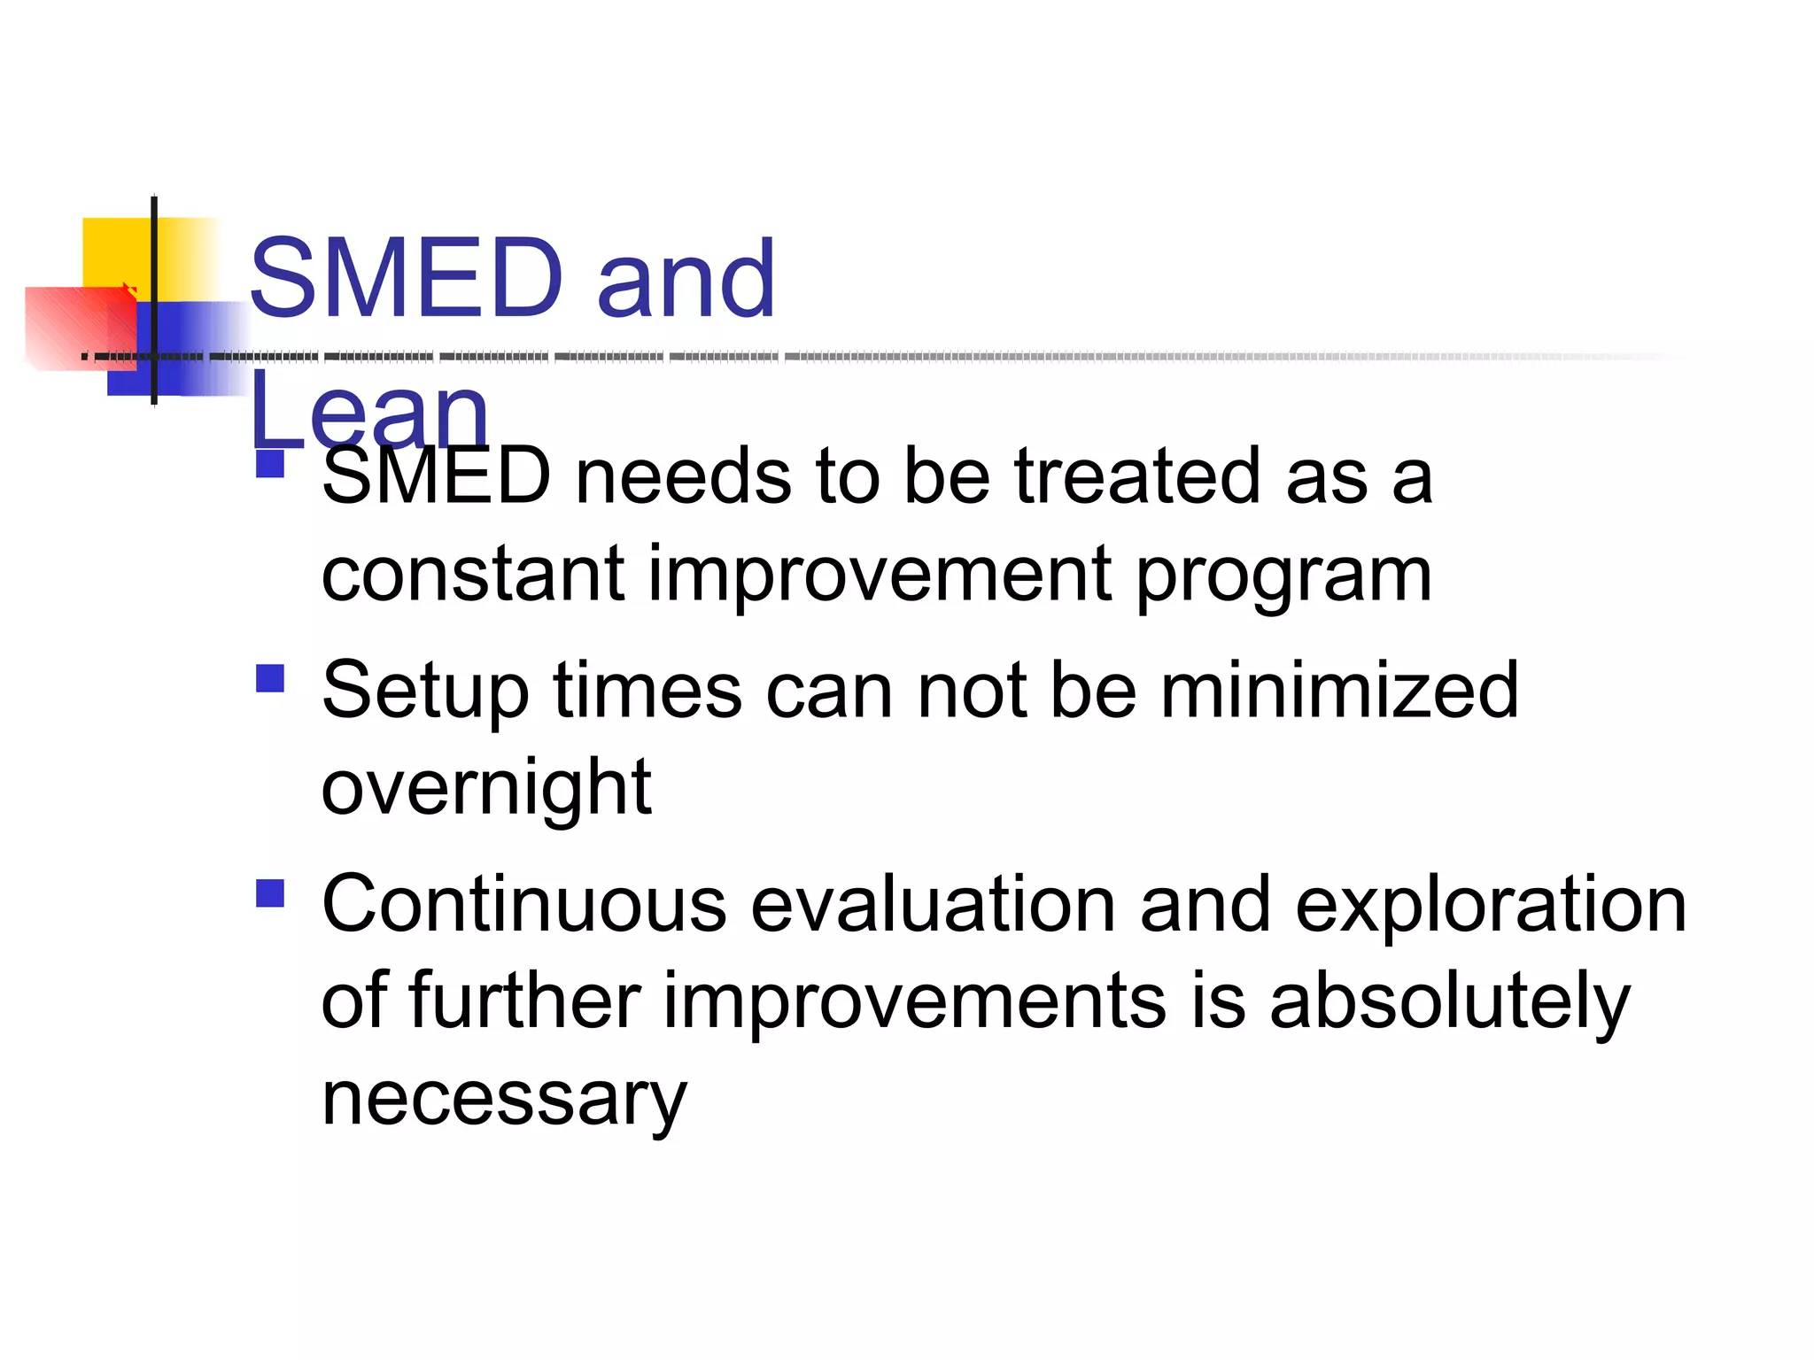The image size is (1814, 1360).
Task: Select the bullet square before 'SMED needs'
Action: [269, 464]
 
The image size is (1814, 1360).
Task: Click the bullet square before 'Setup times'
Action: [269, 678]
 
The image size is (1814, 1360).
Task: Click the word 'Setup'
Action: [425, 692]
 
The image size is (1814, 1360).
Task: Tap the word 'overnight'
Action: [486, 788]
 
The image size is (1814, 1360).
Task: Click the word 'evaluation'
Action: [934, 904]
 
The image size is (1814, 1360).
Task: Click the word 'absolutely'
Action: [1449, 1003]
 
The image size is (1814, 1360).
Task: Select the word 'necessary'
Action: [503, 1101]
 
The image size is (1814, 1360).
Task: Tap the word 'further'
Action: [525, 1001]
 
